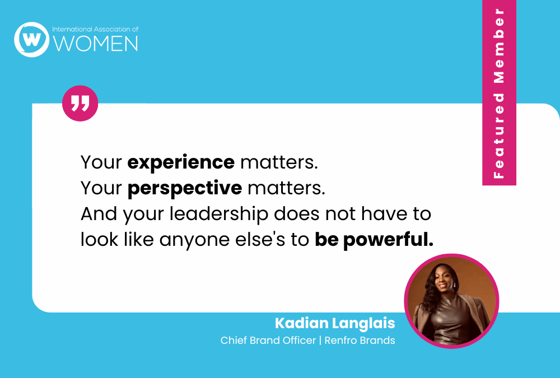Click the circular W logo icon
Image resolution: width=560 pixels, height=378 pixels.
coord(31,39)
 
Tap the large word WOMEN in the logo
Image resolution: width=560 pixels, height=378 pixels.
coord(95,44)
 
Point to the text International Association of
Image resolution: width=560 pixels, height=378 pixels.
coord(95,29)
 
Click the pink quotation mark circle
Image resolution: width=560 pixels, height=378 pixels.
coord(80,103)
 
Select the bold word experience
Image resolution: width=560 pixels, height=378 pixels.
coord(181,162)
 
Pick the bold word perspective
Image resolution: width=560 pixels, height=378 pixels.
coord(185,188)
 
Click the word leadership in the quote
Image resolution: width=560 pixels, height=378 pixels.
coord(218,214)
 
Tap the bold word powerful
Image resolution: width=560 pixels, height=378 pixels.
coord(388,239)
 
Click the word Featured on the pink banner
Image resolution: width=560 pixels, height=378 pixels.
coord(499,136)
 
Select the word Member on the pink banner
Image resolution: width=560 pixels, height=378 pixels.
coord(499,46)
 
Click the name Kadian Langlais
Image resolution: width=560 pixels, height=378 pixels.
coord(335,323)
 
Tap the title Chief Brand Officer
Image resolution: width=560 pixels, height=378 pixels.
coord(268,340)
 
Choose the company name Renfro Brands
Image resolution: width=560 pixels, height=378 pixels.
coord(360,340)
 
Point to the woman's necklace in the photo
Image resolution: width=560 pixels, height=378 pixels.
coord(448,301)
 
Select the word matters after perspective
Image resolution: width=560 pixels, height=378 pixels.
coord(286,188)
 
